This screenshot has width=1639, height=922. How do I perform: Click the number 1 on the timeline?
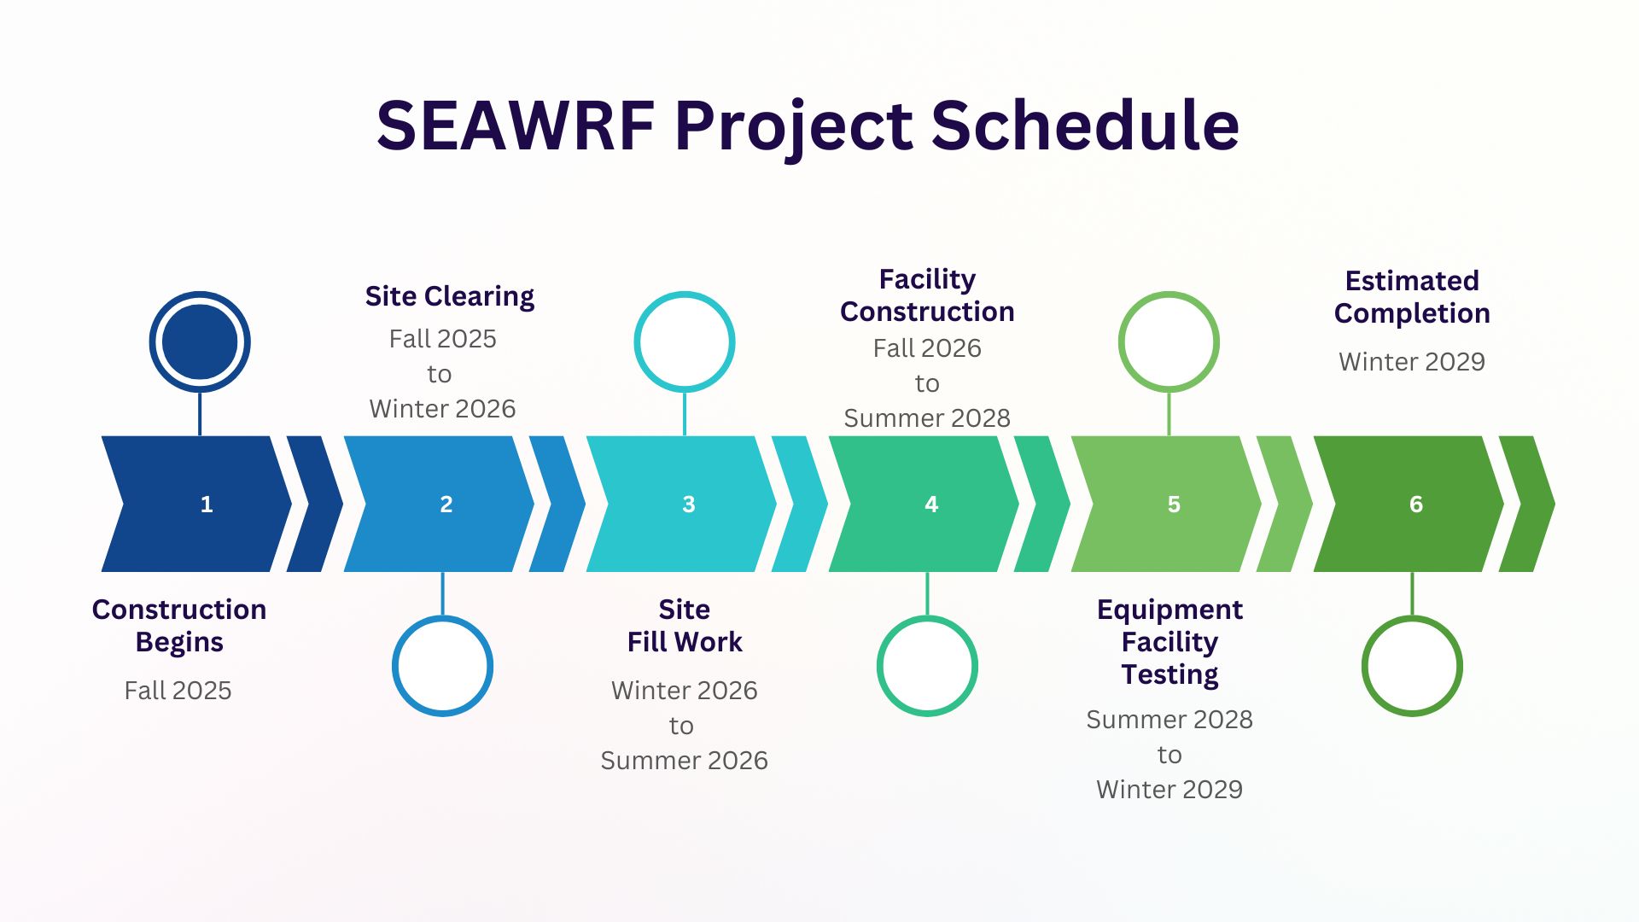click(207, 505)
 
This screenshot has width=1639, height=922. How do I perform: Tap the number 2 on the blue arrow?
click(446, 505)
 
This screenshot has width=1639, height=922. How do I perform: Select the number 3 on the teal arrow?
click(689, 505)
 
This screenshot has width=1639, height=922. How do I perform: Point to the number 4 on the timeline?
click(931, 505)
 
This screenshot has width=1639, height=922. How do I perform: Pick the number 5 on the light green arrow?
click(1174, 505)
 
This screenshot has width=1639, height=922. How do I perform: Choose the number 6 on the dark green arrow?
click(1416, 505)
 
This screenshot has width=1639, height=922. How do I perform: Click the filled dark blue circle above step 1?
click(200, 341)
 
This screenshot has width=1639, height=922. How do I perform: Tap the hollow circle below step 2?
click(442, 617)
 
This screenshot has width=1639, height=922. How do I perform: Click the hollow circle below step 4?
click(927, 617)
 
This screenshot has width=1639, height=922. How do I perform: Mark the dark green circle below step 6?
click(1412, 617)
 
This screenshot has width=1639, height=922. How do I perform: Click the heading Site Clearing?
click(450, 296)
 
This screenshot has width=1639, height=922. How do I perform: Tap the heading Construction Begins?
click(179, 626)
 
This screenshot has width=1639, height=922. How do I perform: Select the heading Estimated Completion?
click(1412, 297)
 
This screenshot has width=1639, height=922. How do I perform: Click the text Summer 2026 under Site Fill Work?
click(685, 760)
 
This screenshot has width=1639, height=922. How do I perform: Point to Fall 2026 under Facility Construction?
click(927, 347)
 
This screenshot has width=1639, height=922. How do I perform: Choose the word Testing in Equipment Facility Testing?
click(1169, 674)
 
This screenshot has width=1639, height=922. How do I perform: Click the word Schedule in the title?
click(1085, 125)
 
